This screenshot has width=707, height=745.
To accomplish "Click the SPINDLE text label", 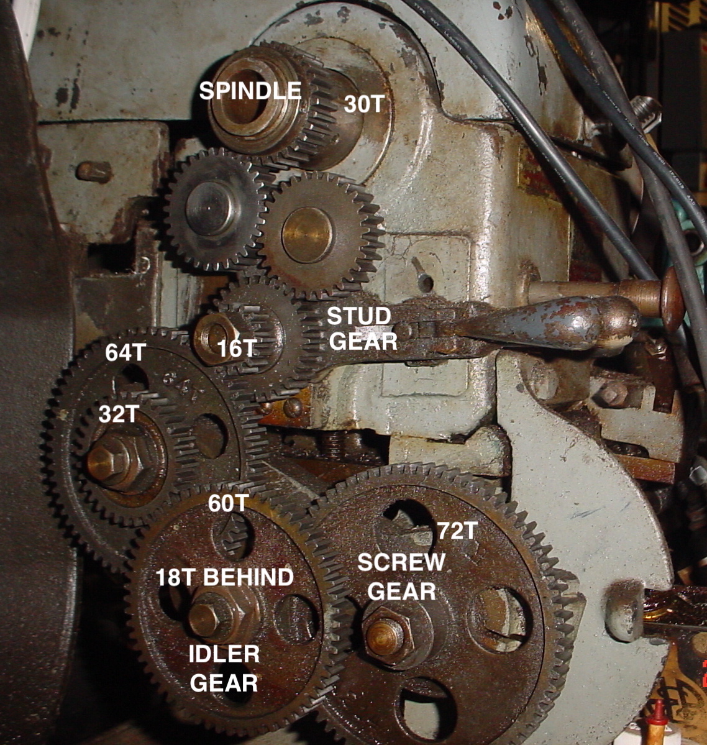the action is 250,90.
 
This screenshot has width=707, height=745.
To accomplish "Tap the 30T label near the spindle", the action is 363,104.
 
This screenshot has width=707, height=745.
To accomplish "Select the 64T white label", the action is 125,352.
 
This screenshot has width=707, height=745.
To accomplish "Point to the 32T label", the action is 119,414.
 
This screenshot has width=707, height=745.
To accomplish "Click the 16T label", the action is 237,349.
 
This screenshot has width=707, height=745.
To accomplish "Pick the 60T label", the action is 229,503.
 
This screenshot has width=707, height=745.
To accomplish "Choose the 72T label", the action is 457,530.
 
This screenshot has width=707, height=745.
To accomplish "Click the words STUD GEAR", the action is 362,329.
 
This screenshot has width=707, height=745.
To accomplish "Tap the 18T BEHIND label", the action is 224,577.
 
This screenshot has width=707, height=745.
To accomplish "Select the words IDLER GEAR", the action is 224,669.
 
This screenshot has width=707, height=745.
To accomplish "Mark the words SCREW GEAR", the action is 401,577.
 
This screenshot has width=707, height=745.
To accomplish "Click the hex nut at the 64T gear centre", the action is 113,462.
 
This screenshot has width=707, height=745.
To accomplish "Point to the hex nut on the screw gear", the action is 386,636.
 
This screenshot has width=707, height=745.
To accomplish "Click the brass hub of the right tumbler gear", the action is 307,235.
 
